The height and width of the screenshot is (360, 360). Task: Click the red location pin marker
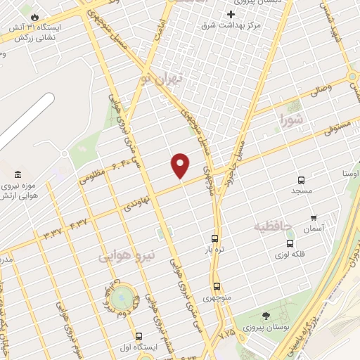pyautogui.click(x=181, y=165)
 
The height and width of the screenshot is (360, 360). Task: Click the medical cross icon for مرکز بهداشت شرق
pyautogui.click(x=231, y=14)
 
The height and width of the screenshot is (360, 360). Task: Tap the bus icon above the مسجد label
pyautogui.click(x=301, y=180)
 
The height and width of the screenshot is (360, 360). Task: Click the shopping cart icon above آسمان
pyautogui.click(x=314, y=218)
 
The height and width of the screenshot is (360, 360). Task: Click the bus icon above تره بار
pyautogui.click(x=214, y=238)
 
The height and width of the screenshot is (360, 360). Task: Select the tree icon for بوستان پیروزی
pyautogui.click(x=265, y=316)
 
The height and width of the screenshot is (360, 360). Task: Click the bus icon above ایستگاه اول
pyautogui.click(x=139, y=336)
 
